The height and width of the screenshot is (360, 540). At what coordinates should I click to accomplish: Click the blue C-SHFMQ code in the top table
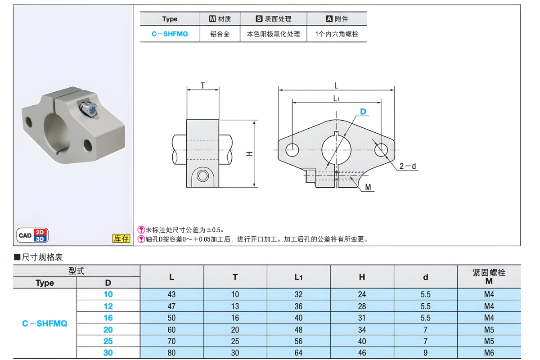[x=170, y=34]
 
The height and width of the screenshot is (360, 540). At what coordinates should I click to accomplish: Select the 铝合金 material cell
[x=220, y=34]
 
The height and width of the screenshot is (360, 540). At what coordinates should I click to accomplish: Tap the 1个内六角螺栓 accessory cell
[x=337, y=34]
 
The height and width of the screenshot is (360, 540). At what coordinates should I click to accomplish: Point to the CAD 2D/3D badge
[x=33, y=235]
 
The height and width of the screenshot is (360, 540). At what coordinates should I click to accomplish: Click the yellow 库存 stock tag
[x=121, y=238]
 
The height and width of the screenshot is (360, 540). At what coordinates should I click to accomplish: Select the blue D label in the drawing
[x=363, y=112]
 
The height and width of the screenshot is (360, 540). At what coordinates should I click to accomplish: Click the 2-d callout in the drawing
[x=408, y=166]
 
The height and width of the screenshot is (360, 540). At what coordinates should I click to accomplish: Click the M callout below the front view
[x=368, y=188]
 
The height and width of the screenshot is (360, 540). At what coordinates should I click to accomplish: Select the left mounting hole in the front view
[x=292, y=149]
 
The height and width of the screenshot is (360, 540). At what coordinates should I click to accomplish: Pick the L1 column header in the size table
[x=298, y=277]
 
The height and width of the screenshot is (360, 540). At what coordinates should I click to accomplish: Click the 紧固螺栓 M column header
[x=489, y=277]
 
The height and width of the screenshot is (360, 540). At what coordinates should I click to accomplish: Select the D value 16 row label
[x=108, y=318]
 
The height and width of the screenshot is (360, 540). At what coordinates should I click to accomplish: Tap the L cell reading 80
[x=171, y=353]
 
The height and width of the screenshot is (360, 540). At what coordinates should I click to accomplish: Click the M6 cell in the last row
[x=489, y=353]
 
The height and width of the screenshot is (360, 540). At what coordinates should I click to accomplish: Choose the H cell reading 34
[x=362, y=329]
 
